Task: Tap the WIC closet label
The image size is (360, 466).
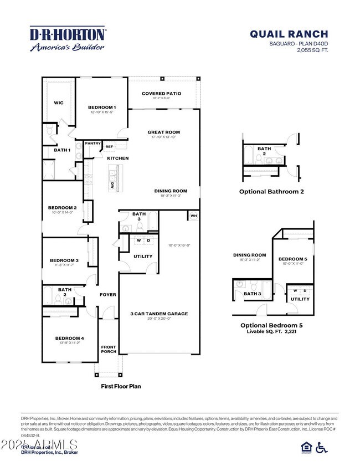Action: (58, 103)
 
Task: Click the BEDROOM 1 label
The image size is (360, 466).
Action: (102, 107)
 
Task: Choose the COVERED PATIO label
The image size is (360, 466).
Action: (161, 94)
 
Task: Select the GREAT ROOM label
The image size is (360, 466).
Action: (163, 132)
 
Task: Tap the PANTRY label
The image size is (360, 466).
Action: (93, 144)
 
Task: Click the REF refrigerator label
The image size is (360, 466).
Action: (109, 147)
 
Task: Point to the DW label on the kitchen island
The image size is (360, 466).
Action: (112, 185)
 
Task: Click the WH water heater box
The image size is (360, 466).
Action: (193, 216)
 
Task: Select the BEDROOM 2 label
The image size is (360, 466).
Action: (62, 207)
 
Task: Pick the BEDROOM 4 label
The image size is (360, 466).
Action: (69, 338)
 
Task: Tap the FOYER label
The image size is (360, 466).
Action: (108, 294)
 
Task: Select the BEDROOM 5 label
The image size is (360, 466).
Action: (292, 259)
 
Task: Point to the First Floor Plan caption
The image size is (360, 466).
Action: (120, 386)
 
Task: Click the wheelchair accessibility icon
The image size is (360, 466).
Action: (321, 448)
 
